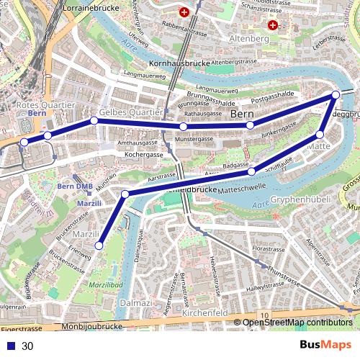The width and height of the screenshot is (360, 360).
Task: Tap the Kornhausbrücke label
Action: tap(176, 63)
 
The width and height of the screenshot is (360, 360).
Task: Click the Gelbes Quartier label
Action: tap(132, 113)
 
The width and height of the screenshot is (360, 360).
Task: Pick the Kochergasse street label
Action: tap(140, 154)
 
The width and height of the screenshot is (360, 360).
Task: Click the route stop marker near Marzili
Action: tap(99, 246)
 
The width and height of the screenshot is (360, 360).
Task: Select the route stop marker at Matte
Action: tap(320, 134)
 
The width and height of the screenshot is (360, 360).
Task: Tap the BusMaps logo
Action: tap(325, 346)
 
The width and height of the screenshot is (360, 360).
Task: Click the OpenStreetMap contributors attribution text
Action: tap(297, 323)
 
